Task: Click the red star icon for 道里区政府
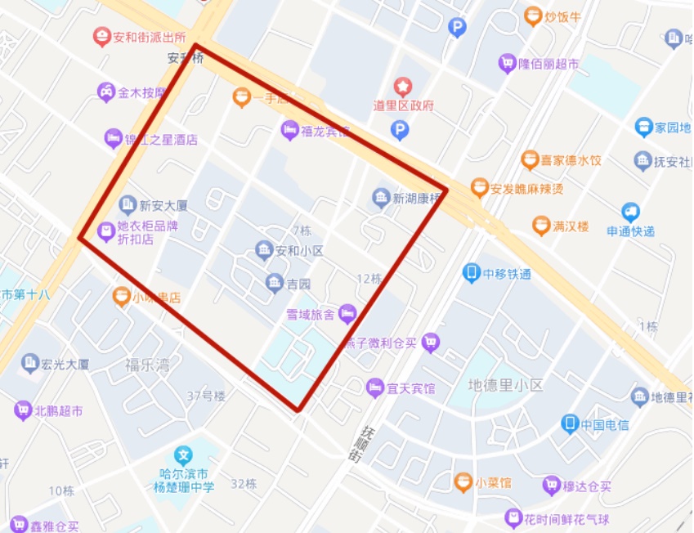[x=403, y=86]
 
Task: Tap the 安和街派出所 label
[x=150, y=37]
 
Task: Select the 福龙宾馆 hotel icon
[x=289, y=129]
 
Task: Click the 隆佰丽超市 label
[x=549, y=64]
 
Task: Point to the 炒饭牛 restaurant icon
[x=533, y=15]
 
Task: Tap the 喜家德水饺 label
[x=571, y=160]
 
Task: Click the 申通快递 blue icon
[x=629, y=213]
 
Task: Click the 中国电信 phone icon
[x=570, y=423]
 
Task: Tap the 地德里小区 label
[x=504, y=384]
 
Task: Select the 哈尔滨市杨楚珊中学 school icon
[x=185, y=455]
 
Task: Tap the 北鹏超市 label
[x=58, y=410]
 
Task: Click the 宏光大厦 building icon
[x=31, y=362]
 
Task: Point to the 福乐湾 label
[x=147, y=365]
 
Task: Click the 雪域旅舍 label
[x=310, y=314]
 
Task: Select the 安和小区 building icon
[x=263, y=250]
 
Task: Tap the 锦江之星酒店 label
[x=161, y=139]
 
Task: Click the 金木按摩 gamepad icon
[x=106, y=92]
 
